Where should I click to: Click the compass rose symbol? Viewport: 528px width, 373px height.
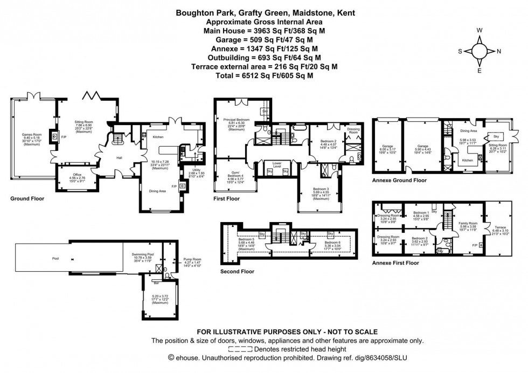[479, 51]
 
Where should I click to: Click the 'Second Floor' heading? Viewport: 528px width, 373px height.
[238, 272]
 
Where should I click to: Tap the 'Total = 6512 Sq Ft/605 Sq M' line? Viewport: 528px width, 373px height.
[263, 77]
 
